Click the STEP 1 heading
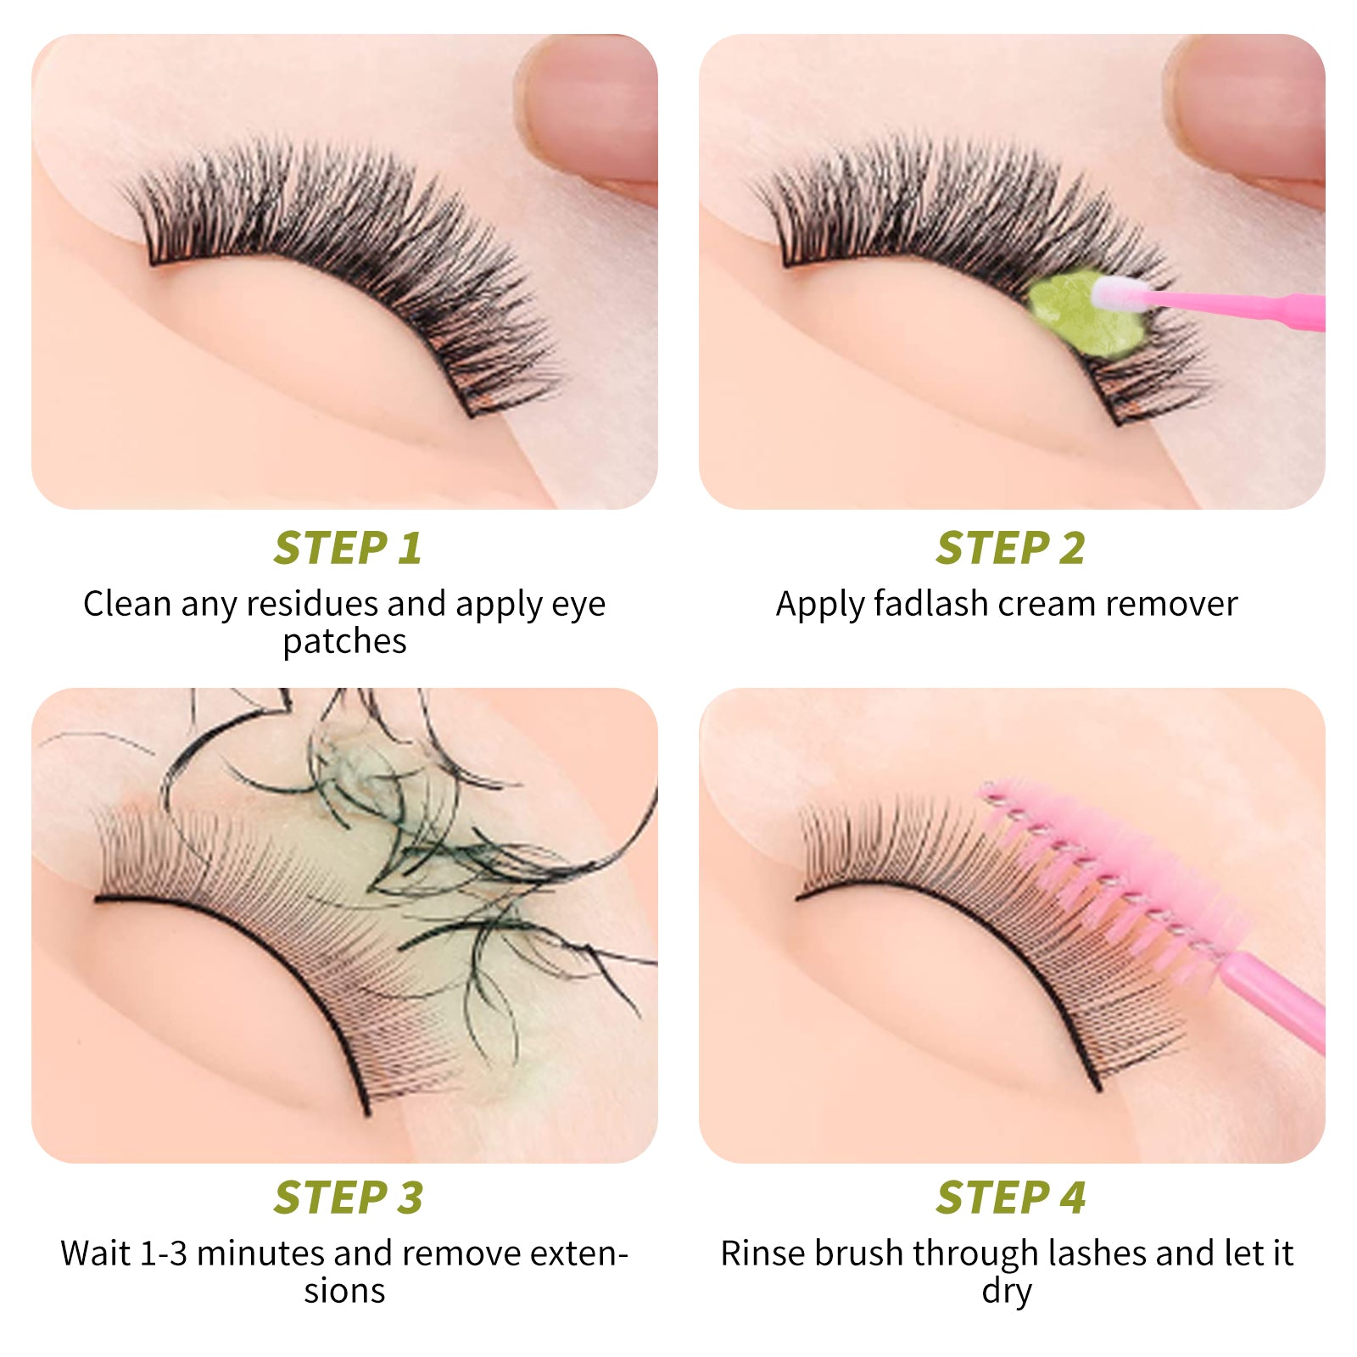(347, 548)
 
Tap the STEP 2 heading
(1010, 548)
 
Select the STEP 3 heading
(348, 1198)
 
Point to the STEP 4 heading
(1010, 1198)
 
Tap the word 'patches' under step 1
(344, 642)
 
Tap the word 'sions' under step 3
(344, 1292)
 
